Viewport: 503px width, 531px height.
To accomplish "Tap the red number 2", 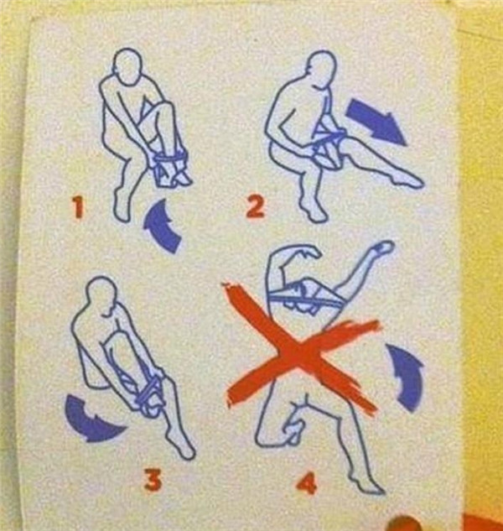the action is pos(255,206).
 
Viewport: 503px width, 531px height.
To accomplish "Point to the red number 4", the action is pos(307,483).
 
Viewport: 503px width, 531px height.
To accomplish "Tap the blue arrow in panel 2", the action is pos(376,122).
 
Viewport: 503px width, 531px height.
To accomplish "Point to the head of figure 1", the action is pos(127,65).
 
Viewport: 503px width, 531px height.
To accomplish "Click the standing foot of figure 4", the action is pos(369,484).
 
